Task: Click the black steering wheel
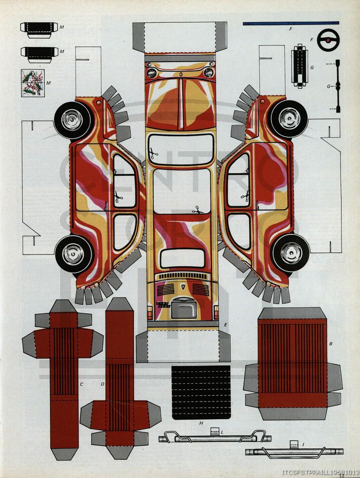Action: [328, 40]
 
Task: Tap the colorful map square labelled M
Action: [33, 83]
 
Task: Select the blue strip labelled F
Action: [290, 23]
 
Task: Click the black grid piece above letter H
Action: [201, 392]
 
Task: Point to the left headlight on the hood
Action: [152, 72]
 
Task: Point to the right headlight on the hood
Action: [208, 72]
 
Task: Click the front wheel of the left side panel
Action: [73, 120]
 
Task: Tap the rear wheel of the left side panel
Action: [74, 254]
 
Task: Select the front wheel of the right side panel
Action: [289, 119]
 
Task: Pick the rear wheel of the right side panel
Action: [290, 253]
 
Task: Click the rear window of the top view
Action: [182, 258]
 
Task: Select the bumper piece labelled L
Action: [215, 437]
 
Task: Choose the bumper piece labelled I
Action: [294, 451]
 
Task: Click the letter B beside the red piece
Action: [331, 344]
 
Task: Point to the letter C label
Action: [81, 384]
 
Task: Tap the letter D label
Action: [102, 384]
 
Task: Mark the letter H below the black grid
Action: [201, 423]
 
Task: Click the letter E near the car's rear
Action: [226, 324]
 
